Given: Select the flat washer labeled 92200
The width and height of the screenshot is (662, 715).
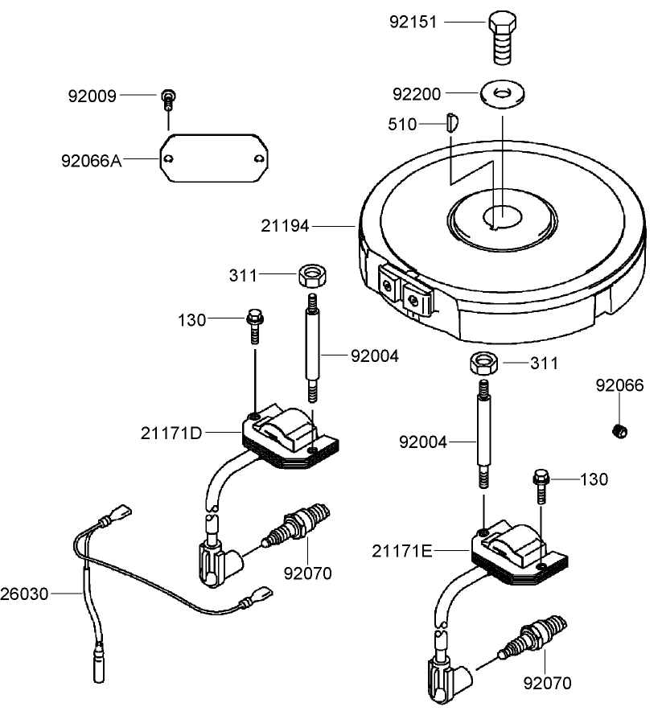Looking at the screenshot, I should point(502,93).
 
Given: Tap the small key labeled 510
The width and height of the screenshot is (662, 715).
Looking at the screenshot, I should point(451,123).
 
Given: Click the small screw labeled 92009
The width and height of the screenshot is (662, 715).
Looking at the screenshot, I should point(168,98).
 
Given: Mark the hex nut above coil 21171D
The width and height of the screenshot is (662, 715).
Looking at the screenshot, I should point(310,276).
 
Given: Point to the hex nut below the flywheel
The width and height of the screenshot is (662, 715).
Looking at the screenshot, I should point(483,363).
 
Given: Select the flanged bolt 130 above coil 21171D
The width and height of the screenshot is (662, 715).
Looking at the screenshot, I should point(255,323).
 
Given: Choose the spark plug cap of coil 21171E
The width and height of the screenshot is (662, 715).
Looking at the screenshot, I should point(442,674).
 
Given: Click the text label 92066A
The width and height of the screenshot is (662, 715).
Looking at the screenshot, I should point(92,160).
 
